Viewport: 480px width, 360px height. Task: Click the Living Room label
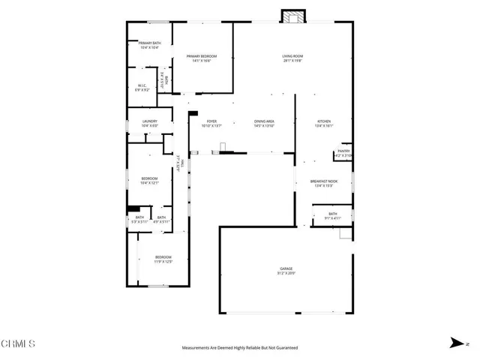pyautogui.click(x=292, y=56)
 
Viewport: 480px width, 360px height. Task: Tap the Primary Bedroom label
pyautogui.click(x=202, y=56)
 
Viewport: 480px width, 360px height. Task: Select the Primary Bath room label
pyautogui.click(x=149, y=43)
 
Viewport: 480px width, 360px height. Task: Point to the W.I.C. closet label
pyautogui.click(x=140, y=85)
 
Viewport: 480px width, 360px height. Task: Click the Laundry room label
pyautogui.click(x=149, y=121)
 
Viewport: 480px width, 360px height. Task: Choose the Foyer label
pyautogui.click(x=211, y=121)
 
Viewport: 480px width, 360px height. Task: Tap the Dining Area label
pyautogui.click(x=264, y=121)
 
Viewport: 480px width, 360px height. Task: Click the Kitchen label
pyautogui.click(x=324, y=121)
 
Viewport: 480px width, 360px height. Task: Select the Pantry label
pyautogui.click(x=343, y=151)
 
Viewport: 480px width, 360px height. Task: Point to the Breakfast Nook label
pyautogui.click(x=324, y=181)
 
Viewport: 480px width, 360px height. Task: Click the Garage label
pyautogui.click(x=286, y=269)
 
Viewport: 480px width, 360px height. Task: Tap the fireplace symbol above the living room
pyautogui.click(x=292, y=16)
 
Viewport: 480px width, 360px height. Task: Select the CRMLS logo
pyautogui.click(x=18, y=344)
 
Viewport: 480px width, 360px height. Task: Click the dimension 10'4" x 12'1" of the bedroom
pyautogui.click(x=149, y=183)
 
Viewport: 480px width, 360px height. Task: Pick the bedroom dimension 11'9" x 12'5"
pyautogui.click(x=163, y=262)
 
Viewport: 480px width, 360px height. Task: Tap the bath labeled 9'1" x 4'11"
pyautogui.click(x=332, y=218)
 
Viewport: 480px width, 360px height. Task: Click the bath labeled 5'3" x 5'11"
pyautogui.click(x=140, y=222)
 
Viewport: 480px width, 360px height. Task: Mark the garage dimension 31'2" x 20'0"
pyautogui.click(x=286, y=274)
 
